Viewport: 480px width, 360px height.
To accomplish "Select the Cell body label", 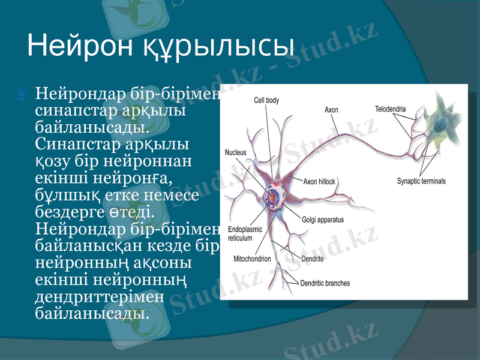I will pyautogui.click(x=266, y=100).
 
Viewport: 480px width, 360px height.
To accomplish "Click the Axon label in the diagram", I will pyautogui.click(x=331, y=110).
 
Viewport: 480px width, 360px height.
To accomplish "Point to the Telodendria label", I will pyautogui.click(x=390, y=109).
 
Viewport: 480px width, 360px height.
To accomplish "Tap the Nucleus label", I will pyautogui.click(x=235, y=152).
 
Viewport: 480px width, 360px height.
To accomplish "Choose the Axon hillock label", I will pyautogui.click(x=319, y=181).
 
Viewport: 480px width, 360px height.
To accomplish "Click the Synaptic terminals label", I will pyautogui.click(x=421, y=181).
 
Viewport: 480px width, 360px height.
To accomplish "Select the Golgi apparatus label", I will pyautogui.click(x=323, y=220).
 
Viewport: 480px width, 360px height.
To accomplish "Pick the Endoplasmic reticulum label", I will pyautogui.click(x=245, y=233).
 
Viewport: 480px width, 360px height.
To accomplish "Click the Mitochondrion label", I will pyautogui.click(x=251, y=259).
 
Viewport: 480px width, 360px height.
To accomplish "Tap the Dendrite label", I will pyautogui.click(x=312, y=259).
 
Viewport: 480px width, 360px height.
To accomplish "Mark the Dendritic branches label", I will pyautogui.click(x=325, y=283).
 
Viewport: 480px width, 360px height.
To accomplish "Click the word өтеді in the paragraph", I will pyautogui.click(x=131, y=213).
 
